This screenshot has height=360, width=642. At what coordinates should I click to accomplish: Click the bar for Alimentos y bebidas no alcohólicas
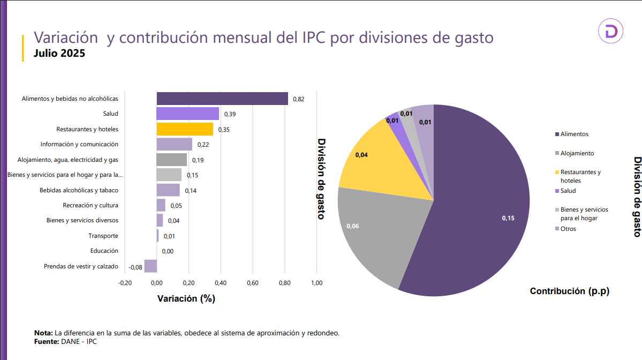pos(222,99)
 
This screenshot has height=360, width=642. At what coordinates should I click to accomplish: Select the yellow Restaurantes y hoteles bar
pos(185,129)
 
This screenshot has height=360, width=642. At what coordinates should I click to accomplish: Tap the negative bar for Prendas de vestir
pos(150,266)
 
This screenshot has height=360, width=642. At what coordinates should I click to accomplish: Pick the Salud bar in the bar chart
pos(187,114)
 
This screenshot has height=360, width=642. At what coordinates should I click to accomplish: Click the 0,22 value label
pos(203,145)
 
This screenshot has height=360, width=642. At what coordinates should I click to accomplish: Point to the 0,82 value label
pos(299,99)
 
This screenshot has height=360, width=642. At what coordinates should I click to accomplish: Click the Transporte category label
pos(103,236)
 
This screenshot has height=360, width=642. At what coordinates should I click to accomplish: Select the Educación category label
pos(104,251)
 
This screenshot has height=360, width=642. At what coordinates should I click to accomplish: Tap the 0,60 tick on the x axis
pos(252,283)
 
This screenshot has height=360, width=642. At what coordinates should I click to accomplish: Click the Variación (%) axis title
pos(186,299)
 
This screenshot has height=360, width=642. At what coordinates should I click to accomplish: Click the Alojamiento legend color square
pos(557,154)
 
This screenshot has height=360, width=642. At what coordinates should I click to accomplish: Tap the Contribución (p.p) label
pos(570,291)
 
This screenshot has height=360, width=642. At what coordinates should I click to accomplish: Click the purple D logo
pos(611,32)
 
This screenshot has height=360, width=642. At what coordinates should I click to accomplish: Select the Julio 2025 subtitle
pos(59,54)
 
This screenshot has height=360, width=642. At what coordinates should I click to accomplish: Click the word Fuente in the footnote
pos(46,341)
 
